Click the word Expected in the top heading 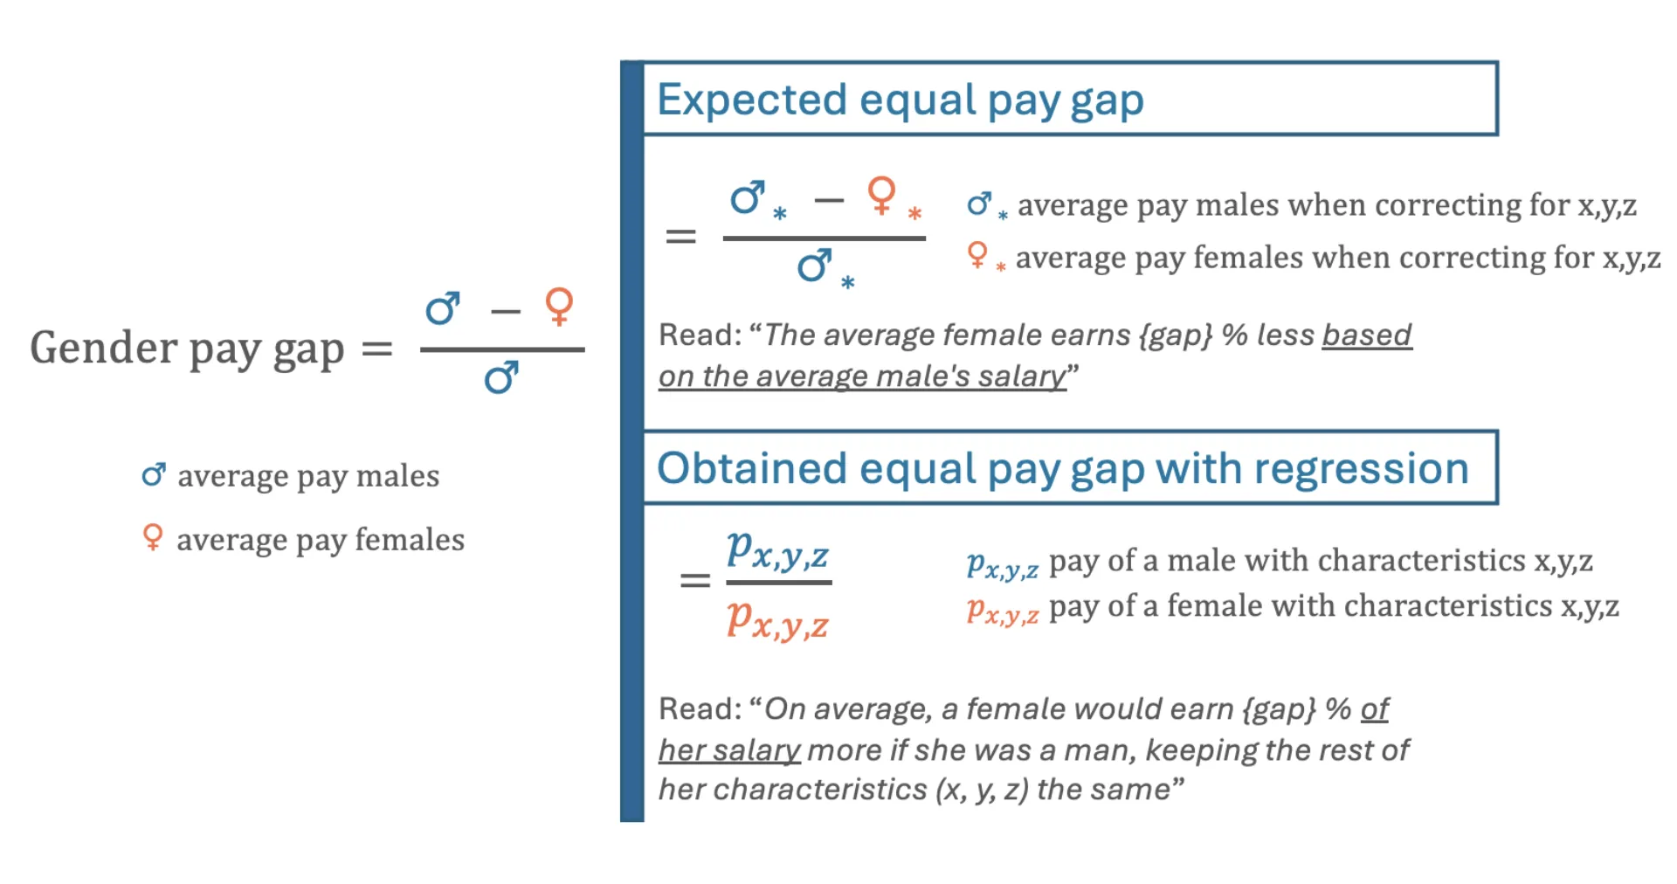tap(752, 100)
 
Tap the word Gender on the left tap(104, 348)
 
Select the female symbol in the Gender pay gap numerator tap(559, 307)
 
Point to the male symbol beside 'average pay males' tap(154, 474)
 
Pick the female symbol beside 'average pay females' tap(153, 537)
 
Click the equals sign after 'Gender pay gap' tap(376, 349)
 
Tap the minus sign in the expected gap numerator tap(828, 201)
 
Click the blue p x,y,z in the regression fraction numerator tap(777, 551)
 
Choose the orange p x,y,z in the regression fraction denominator tap(777, 620)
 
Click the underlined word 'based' tap(1367, 335)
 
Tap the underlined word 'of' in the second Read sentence tap(1375, 708)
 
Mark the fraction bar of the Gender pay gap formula tap(502, 349)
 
